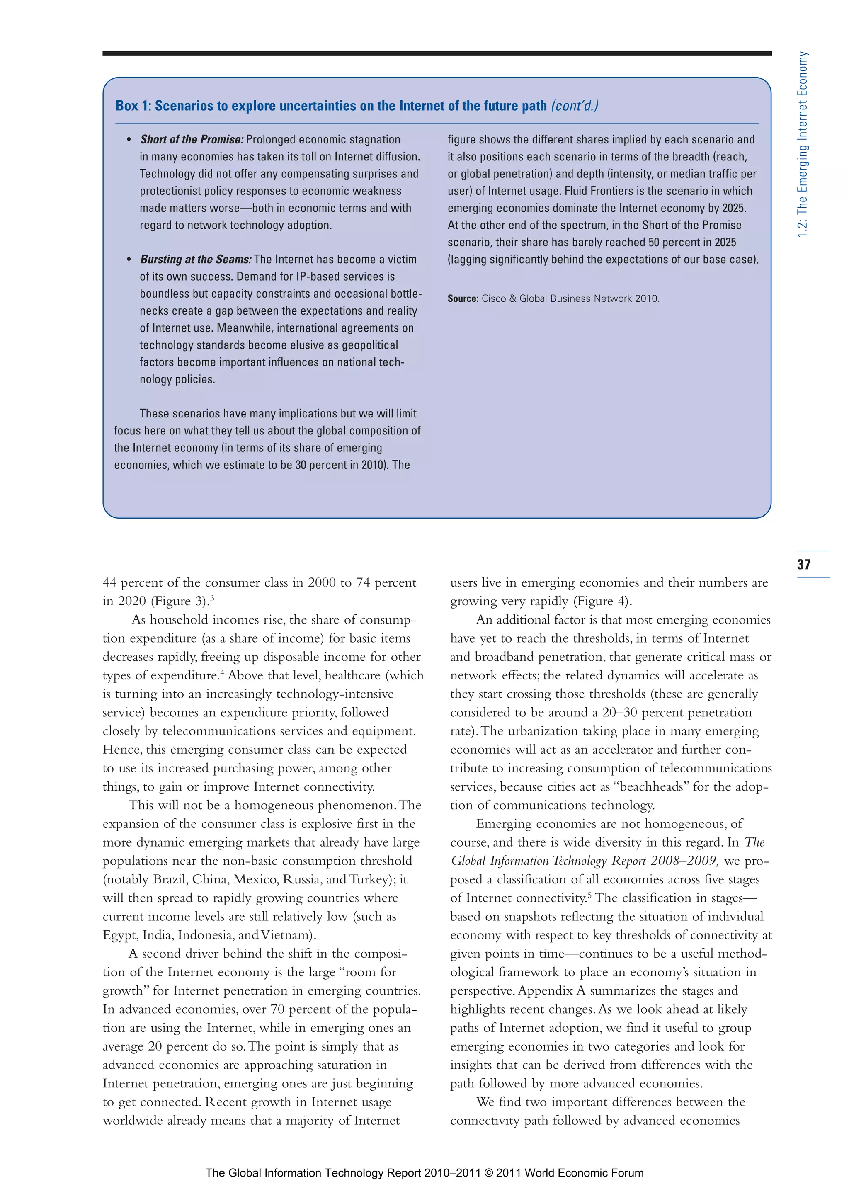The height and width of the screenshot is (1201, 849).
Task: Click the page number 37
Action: [803, 564]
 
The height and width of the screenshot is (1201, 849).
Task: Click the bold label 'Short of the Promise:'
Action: [192, 140]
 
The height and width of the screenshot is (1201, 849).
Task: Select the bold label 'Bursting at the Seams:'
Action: [196, 260]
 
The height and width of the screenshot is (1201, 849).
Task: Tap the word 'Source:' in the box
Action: [462, 298]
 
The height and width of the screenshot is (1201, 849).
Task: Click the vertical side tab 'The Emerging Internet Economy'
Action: [803, 144]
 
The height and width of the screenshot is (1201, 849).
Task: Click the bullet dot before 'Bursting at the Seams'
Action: [129, 260]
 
